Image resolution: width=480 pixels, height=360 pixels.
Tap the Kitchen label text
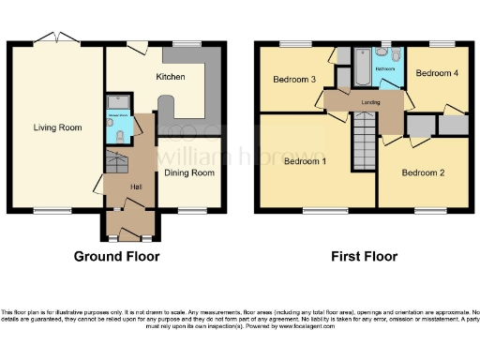(x=170, y=77)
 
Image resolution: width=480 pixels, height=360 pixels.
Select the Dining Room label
(x=190, y=172)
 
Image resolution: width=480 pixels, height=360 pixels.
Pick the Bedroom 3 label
(x=293, y=80)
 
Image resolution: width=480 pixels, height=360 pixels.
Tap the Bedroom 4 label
(x=436, y=73)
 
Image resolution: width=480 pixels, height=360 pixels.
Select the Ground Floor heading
(x=117, y=256)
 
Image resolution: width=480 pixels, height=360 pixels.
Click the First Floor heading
(x=364, y=256)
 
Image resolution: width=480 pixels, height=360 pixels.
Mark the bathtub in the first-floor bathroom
(x=363, y=67)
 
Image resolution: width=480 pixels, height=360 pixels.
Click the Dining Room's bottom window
(x=190, y=210)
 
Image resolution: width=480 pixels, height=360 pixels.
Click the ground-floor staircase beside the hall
(x=115, y=166)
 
